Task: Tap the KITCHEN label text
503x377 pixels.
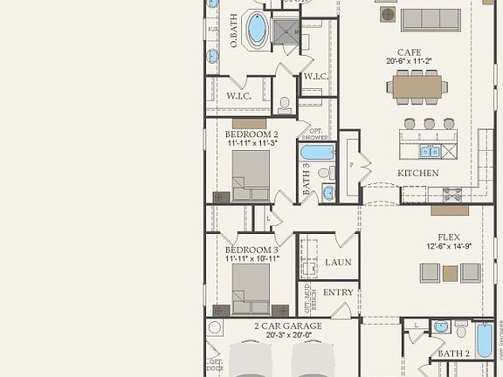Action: [x=417, y=174]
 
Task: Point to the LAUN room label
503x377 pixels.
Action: [x=338, y=262]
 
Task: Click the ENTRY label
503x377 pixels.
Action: [x=338, y=291]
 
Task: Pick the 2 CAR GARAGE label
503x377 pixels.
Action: [x=287, y=326]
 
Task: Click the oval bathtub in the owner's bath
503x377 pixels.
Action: [x=257, y=29]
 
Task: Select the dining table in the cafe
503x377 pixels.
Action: [x=418, y=86]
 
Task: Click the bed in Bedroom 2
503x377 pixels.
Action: [x=250, y=176]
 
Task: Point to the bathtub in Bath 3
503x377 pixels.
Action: [x=317, y=153]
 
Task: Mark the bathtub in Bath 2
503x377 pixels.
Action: [x=484, y=339]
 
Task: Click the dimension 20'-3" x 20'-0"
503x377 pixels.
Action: [x=287, y=335]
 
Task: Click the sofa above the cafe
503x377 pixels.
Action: [x=430, y=19]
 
